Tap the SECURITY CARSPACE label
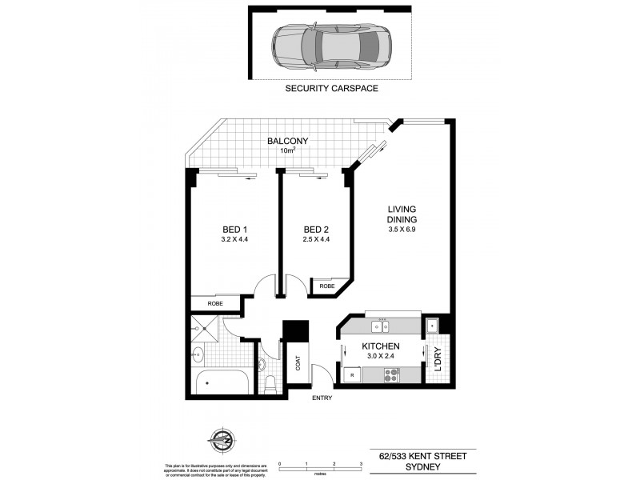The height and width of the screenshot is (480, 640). pyautogui.click(x=331, y=89)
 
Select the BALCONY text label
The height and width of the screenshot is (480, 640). pyautogui.click(x=288, y=141)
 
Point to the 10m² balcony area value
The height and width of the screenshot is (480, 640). pyautogui.click(x=287, y=150)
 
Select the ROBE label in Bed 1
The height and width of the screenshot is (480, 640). pyautogui.click(x=215, y=304)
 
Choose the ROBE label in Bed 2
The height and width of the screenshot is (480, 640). pyautogui.click(x=326, y=286)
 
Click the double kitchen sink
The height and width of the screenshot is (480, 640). pyautogui.click(x=382, y=326)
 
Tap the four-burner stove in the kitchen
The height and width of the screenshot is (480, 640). pyautogui.click(x=392, y=374)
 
